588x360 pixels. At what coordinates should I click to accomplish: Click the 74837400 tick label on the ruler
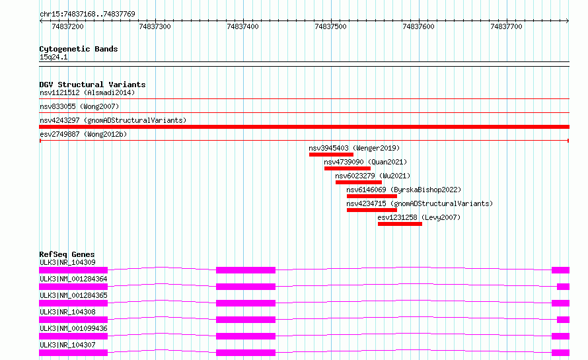(x=242, y=26)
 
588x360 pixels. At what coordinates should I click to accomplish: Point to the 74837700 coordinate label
(x=506, y=26)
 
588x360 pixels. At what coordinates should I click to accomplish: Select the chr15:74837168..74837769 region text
(x=87, y=15)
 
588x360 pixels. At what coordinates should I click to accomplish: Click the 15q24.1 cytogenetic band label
(x=54, y=57)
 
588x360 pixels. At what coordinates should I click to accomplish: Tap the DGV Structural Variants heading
(x=92, y=85)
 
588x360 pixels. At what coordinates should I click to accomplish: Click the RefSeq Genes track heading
(x=67, y=254)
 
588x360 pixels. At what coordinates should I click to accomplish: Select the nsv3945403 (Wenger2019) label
(x=354, y=148)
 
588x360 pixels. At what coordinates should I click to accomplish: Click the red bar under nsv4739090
(x=348, y=168)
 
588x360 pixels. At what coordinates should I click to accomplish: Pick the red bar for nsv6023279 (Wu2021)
(x=359, y=182)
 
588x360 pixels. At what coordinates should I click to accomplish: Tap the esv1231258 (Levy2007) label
(x=419, y=217)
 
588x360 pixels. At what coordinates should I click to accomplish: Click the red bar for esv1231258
(x=400, y=224)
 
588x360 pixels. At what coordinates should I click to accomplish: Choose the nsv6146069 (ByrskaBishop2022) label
(x=404, y=190)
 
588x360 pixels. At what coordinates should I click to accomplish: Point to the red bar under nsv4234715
(x=371, y=210)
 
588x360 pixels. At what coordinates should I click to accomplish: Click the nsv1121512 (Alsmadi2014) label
(x=87, y=92)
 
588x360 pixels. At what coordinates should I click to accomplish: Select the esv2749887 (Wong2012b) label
(x=83, y=134)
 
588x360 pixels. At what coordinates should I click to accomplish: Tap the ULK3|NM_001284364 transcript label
(x=73, y=279)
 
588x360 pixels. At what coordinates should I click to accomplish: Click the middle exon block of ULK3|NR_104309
(x=246, y=270)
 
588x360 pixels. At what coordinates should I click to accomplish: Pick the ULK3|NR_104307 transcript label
(x=67, y=345)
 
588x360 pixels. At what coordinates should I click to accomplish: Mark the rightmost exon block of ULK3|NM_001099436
(x=560, y=336)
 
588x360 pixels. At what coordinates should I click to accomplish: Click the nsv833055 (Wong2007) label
(x=79, y=106)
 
